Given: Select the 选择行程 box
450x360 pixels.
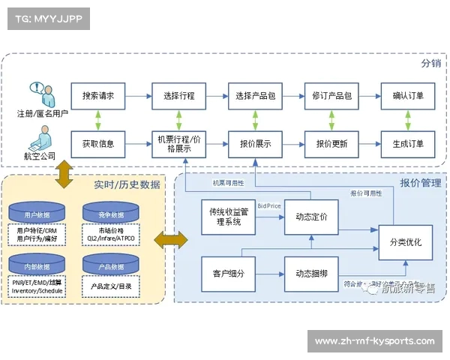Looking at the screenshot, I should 178,96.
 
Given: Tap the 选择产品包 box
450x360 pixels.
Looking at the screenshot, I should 255,96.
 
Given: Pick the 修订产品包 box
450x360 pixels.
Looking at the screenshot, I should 331,96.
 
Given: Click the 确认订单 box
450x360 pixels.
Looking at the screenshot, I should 407,96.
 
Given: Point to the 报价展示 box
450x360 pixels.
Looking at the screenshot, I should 255,143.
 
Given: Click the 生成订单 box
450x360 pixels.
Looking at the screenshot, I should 407,143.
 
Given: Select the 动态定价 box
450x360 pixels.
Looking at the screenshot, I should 311,217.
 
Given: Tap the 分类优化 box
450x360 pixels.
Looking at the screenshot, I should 405,242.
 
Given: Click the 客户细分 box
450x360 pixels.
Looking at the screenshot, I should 228,273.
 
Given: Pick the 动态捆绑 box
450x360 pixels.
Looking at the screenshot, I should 311,273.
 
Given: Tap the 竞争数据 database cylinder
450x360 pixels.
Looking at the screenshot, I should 110,213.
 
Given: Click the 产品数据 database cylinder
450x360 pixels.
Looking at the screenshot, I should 110,266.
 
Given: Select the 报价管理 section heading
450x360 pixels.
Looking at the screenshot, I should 420,183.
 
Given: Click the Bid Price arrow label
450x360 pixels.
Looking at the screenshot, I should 270,205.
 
